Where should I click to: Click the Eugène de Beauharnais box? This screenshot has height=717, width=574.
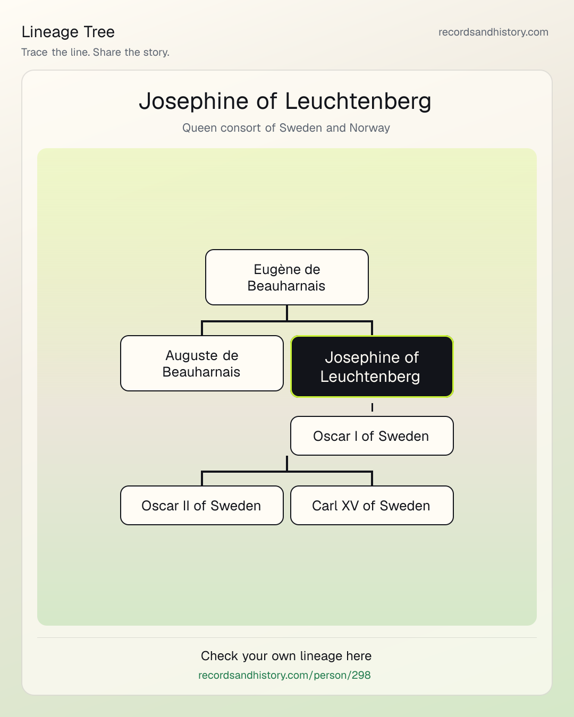point(287,277)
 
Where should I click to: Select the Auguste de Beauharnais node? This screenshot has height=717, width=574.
point(202,363)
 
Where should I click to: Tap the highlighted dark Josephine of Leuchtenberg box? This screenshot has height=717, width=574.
point(372,366)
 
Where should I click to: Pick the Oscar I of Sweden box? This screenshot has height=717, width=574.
point(372,436)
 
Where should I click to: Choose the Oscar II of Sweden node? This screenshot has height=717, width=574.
point(202,506)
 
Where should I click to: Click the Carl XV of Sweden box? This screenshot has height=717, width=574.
point(372,506)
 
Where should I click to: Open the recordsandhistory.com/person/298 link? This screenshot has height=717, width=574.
point(284,675)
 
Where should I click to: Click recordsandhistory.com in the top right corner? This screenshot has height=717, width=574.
point(493,32)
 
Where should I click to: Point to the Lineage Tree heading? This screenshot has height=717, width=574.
point(68,32)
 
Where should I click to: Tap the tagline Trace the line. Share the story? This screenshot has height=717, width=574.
point(95,52)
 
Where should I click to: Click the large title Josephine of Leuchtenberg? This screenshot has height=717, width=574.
point(285,101)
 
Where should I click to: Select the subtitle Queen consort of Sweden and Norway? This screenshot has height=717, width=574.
point(286,128)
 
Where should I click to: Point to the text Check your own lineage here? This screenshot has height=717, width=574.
point(286,656)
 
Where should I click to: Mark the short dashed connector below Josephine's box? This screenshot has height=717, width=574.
point(372,407)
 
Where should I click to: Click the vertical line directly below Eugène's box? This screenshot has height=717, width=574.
point(287,313)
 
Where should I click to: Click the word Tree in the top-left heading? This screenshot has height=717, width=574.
point(99,32)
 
